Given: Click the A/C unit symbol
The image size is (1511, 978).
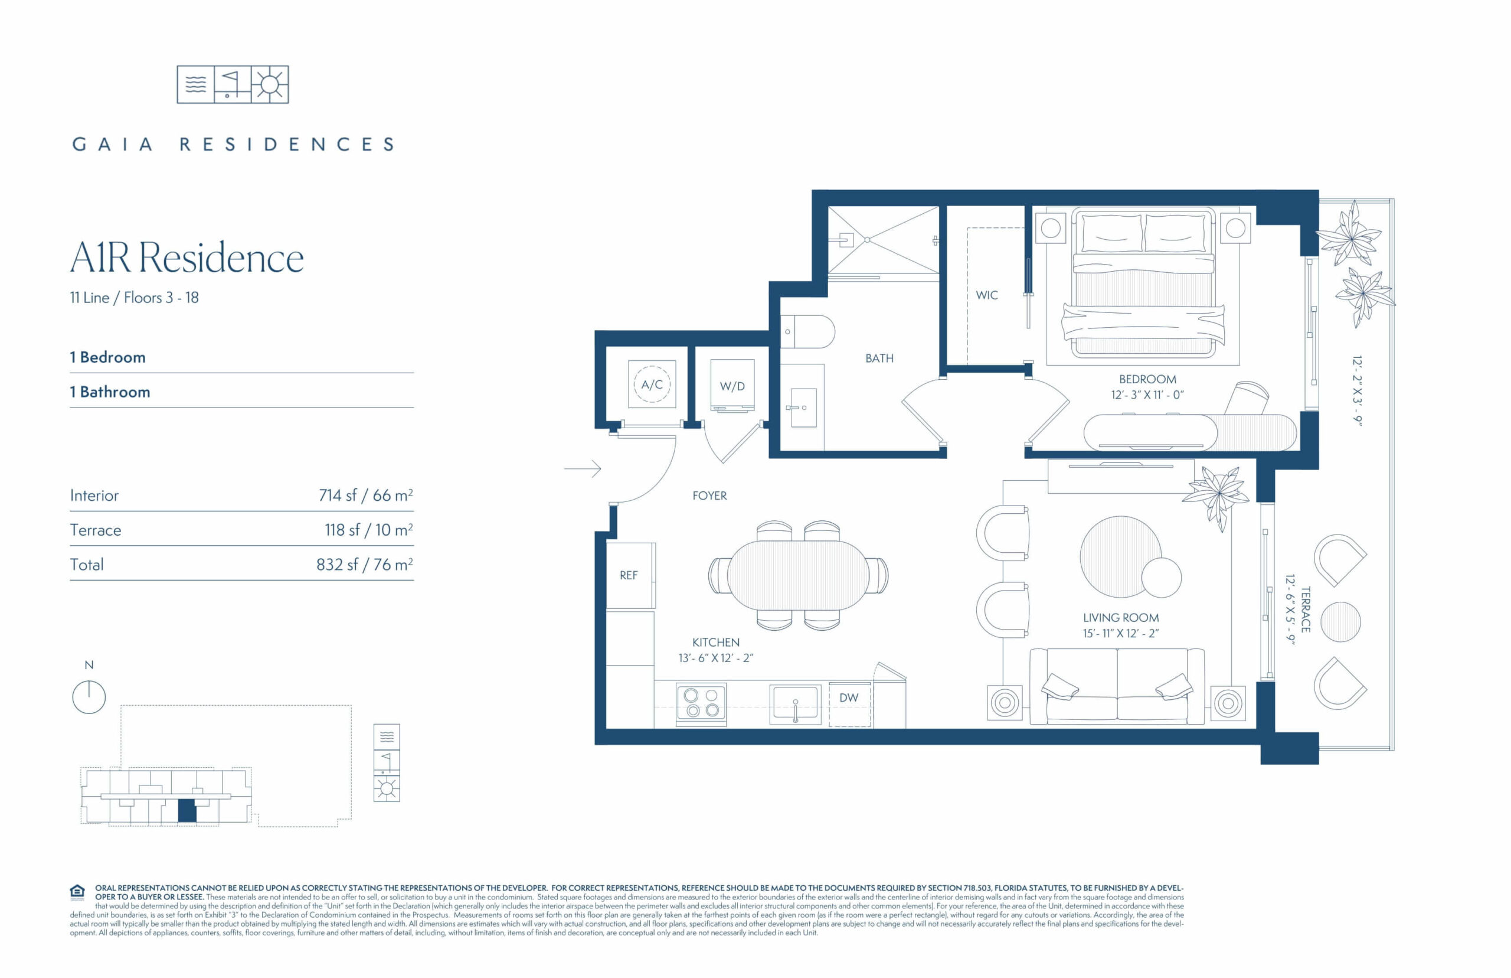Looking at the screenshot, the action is [x=652, y=384].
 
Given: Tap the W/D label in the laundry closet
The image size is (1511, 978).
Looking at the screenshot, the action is [x=732, y=386].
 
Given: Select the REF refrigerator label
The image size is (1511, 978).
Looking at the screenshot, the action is [x=628, y=575].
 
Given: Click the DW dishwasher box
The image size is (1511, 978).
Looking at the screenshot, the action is [x=849, y=703].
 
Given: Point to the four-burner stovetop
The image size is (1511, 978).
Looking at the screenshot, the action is [x=701, y=703].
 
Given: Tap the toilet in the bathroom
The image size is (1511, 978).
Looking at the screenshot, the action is [x=807, y=331].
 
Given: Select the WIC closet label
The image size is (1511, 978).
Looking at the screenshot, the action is [x=987, y=295].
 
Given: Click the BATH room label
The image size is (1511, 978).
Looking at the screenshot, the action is [x=879, y=358].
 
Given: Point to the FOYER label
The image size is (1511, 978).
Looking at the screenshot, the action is [x=709, y=495].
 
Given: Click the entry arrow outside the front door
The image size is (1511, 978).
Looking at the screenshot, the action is [x=583, y=469].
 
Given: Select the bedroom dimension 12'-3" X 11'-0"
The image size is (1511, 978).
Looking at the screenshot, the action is [x=1147, y=395].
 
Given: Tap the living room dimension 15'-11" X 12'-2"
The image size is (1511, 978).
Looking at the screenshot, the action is [x=1121, y=633].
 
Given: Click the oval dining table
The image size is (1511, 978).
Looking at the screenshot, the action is [x=799, y=575].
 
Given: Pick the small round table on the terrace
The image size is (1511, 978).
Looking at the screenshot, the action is [x=1340, y=622].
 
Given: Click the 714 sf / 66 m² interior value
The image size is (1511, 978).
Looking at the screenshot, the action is [x=365, y=495].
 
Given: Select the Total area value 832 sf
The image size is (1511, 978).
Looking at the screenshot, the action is [x=364, y=565].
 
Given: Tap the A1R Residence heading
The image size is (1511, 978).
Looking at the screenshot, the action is [x=187, y=258].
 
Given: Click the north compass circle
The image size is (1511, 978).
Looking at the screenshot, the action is [x=89, y=697].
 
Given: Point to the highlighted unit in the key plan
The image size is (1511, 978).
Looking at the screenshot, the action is [x=187, y=811].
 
